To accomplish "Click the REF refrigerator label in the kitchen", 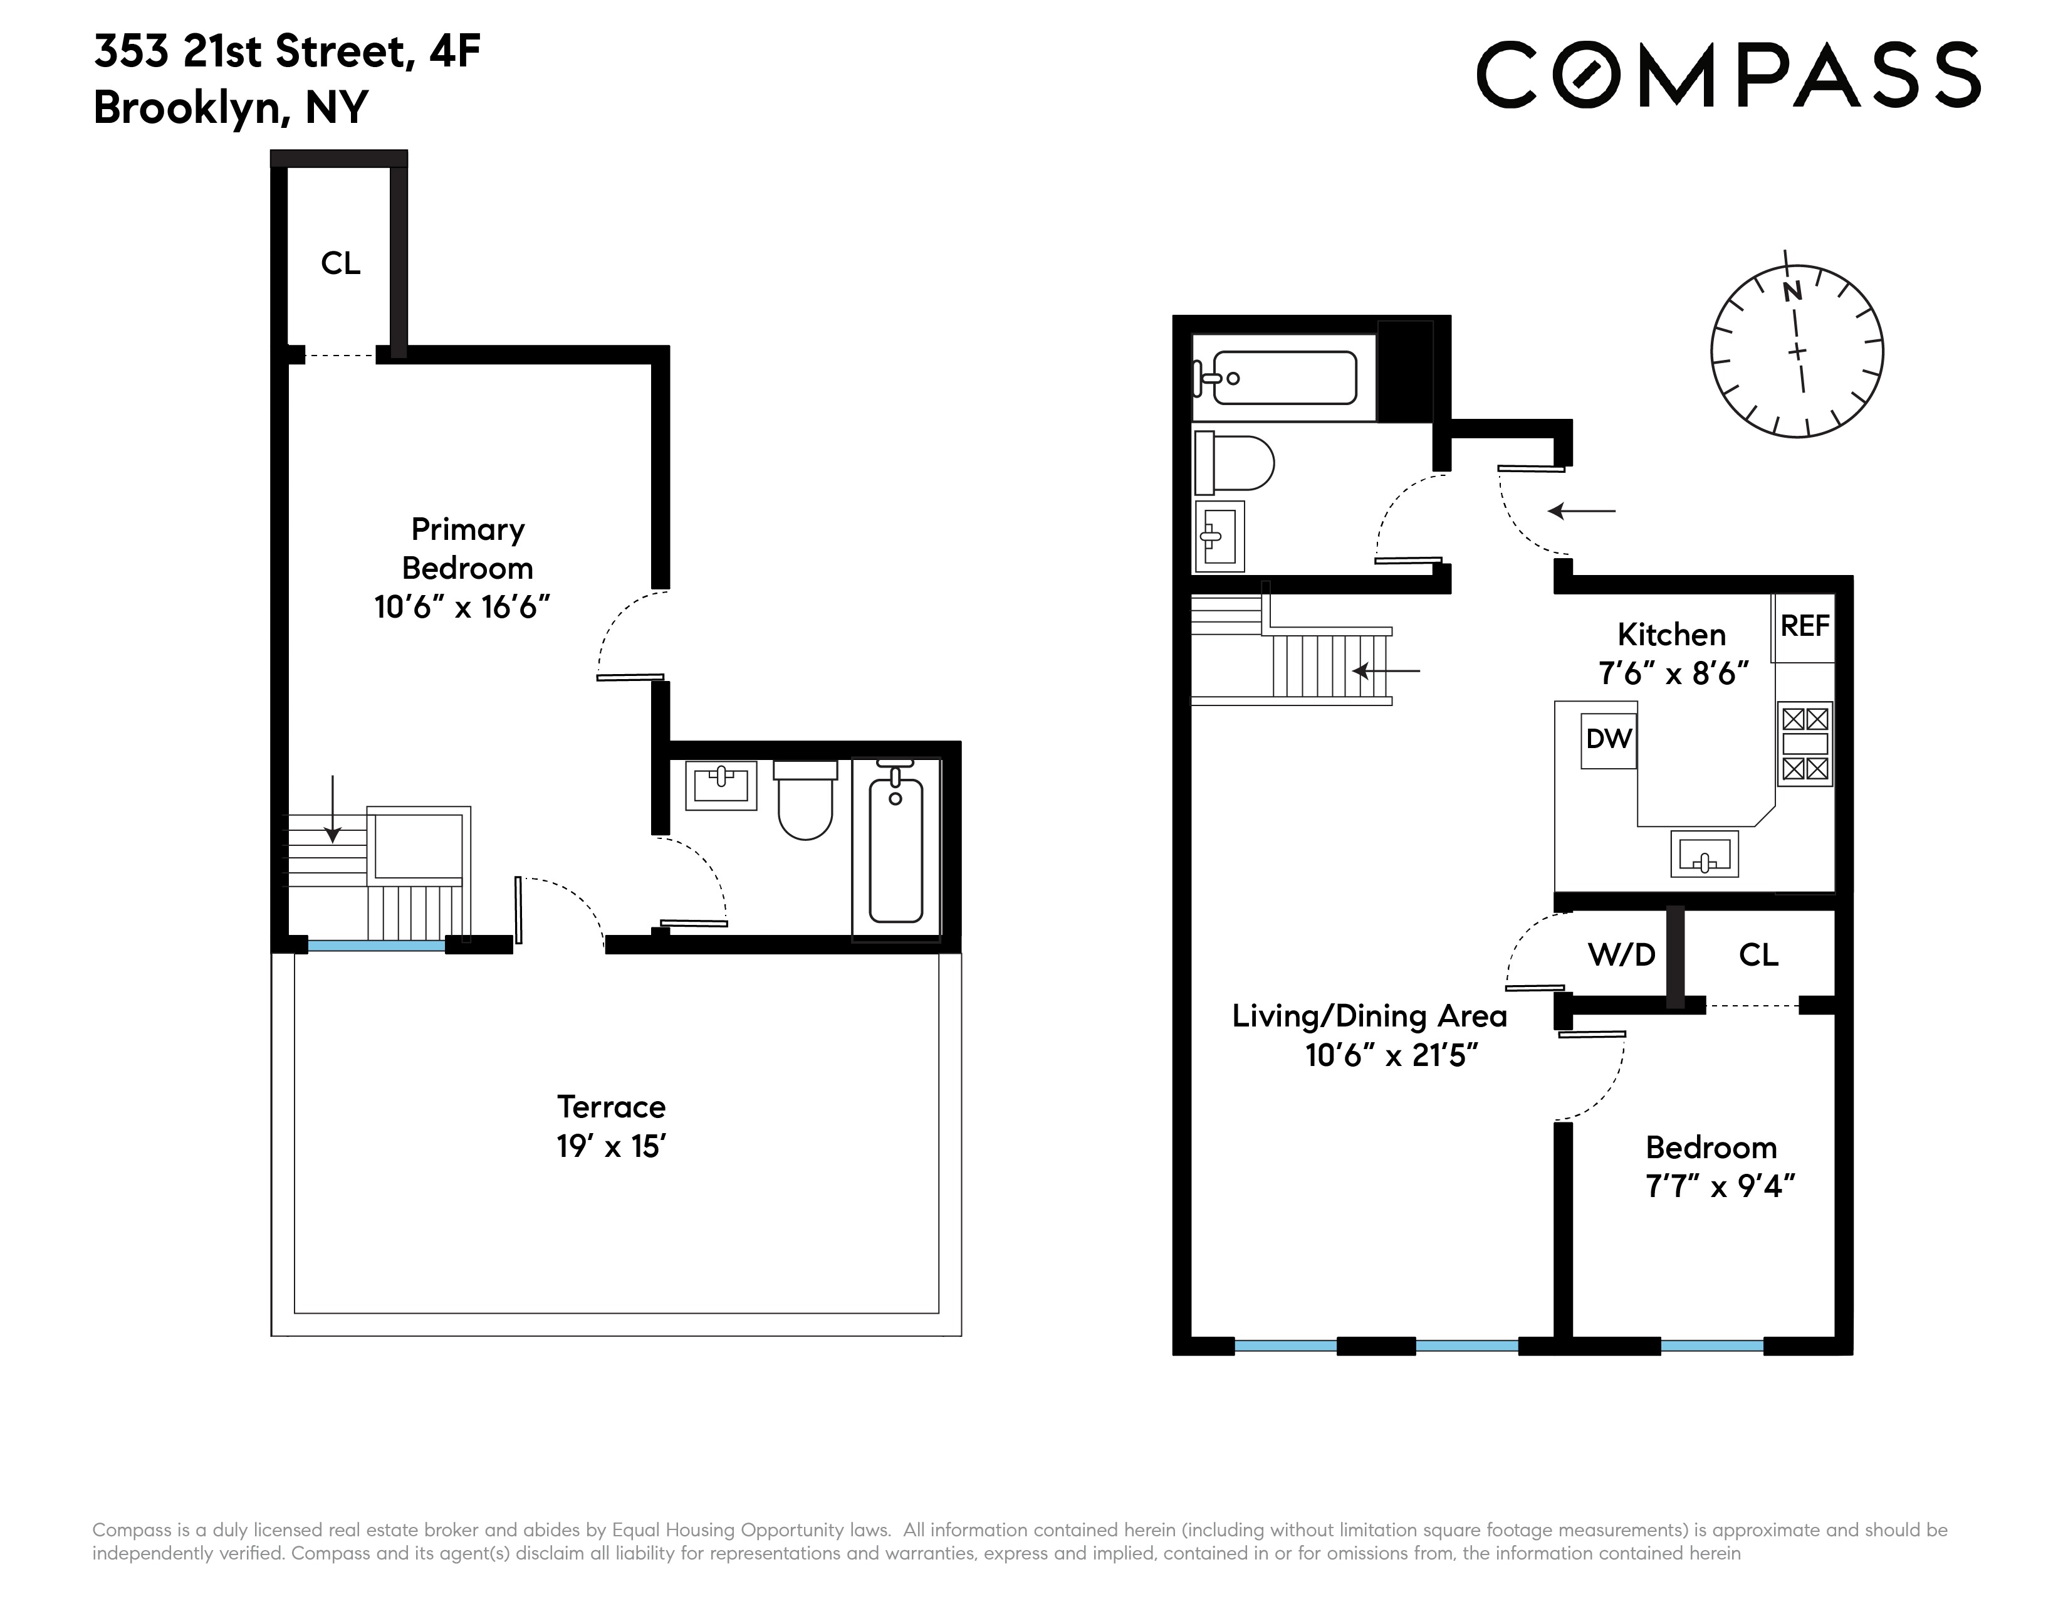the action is click(x=1805, y=626).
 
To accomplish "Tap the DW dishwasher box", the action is click(x=1609, y=740).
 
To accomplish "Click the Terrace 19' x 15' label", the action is click(x=612, y=1126).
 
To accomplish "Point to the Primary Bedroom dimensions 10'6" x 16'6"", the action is click(x=462, y=606).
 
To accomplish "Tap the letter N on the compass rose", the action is click(x=1792, y=292).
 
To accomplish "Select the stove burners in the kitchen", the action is click(x=1805, y=744).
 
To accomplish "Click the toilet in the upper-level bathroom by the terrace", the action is click(x=805, y=801).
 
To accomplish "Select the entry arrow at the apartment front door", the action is click(x=1581, y=512).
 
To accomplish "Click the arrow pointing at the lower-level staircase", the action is click(x=1386, y=671).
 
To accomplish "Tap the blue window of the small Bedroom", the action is click(x=1712, y=1345).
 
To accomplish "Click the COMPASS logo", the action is click(x=1728, y=74).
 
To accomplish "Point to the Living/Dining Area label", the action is click(x=1369, y=1016).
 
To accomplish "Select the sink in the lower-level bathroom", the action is click(x=1219, y=536).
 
